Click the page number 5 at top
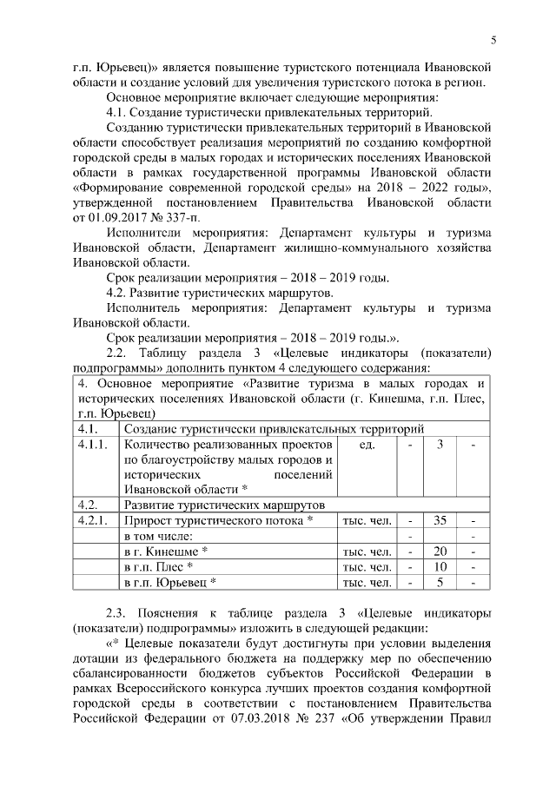coord(493,39)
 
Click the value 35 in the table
coord(440,520)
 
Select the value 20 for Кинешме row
coord(440,552)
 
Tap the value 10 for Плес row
coord(440,567)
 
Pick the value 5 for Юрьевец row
coord(440,583)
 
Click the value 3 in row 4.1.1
coord(440,445)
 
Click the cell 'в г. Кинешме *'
coord(167,552)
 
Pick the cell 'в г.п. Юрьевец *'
coord(170,583)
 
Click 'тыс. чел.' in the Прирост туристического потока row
coord(367,520)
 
